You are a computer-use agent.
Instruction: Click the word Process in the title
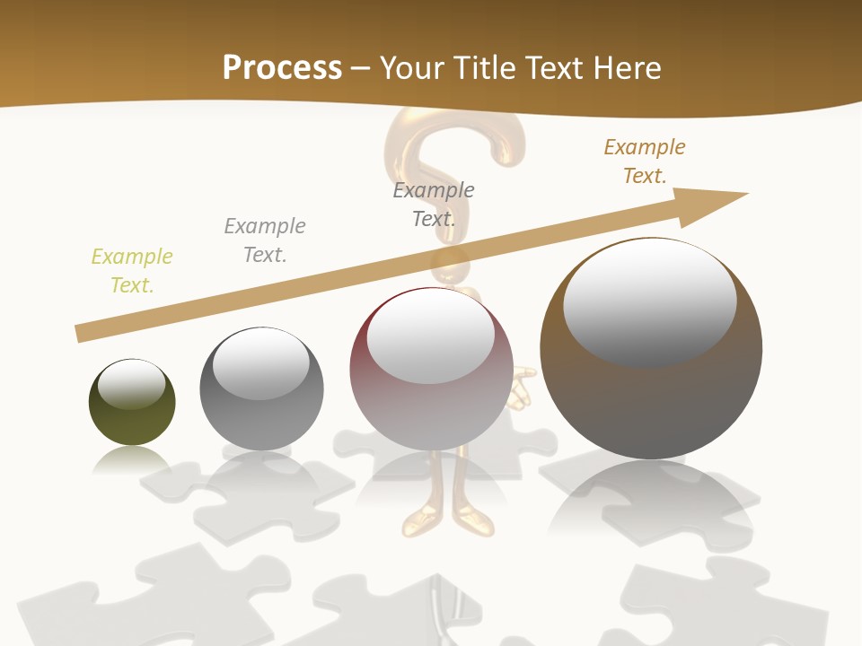tap(282, 67)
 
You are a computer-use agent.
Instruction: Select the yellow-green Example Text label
tap(132, 271)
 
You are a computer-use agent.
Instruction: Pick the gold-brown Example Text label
tap(645, 161)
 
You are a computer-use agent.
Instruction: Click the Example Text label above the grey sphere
tap(265, 240)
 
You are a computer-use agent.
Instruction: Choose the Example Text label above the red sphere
tap(434, 205)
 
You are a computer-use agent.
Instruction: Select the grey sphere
tap(261, 413)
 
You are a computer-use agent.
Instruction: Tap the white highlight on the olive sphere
tap(132, 384)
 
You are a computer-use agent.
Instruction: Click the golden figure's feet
tap(444, 520)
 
